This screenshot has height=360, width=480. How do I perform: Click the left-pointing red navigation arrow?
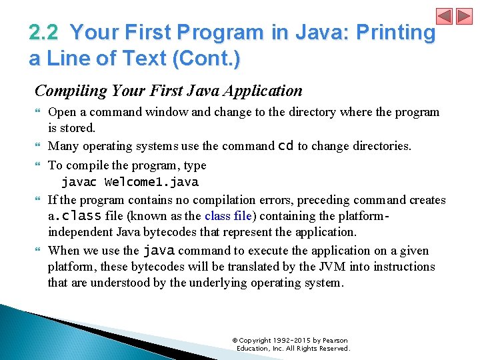(x=445, y=16)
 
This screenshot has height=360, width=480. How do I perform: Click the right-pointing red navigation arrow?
(x=463, y=16)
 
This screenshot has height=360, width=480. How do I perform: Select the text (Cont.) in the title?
(x=206, y=59)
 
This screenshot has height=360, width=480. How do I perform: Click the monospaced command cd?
(x=285, y=146)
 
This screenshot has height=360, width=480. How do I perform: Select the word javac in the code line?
(x=79, y=182)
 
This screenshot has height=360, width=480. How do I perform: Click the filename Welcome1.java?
(x=151, y=182)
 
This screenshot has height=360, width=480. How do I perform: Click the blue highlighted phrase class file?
(x=227, y=216)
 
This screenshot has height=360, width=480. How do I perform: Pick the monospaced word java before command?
(x=159, y=251)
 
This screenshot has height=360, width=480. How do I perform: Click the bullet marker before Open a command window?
(x=38, y=113)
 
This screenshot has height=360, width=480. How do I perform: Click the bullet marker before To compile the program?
(x=38, y=166)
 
